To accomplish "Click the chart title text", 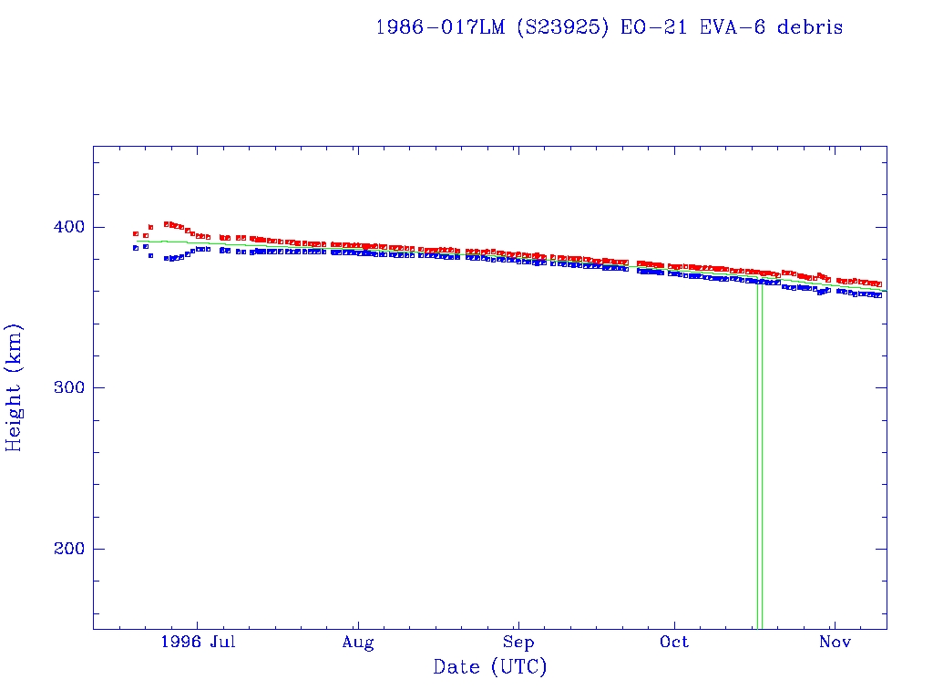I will point(609,27).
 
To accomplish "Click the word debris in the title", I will point(810,27).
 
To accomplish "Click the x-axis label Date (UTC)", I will point(490,667).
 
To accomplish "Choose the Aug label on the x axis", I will point(358,643).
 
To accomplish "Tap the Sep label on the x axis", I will point(518,643).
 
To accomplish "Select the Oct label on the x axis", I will point(674,643).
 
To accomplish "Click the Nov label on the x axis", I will point(835,643).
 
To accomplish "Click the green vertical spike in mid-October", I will point(759,456).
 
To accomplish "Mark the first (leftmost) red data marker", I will point(136,234).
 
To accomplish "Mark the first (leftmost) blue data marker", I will point(136,248).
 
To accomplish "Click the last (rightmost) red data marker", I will point(878,284).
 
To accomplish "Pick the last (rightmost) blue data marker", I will point(878,295).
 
